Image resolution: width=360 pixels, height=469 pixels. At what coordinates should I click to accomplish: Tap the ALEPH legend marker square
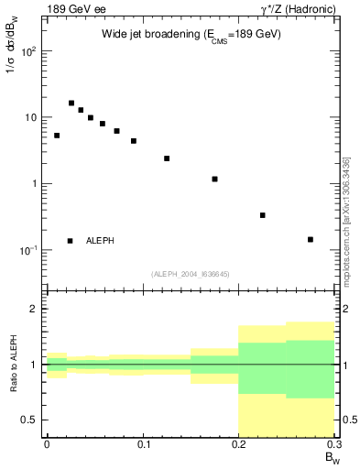[71, 241]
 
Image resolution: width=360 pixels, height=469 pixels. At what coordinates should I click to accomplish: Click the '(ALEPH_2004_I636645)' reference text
[190, 273]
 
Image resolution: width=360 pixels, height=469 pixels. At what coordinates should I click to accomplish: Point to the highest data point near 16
[71, 103]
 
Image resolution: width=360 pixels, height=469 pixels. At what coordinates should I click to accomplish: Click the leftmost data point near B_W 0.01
[57, 136]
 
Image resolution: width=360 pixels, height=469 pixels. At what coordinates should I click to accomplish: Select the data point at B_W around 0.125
[167, 158]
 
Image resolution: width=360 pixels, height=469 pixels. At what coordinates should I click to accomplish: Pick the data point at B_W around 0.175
[214, 179]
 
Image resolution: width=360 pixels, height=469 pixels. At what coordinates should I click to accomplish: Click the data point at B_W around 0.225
[263, 215]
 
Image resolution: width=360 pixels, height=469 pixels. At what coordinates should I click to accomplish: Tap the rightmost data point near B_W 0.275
[311, 239]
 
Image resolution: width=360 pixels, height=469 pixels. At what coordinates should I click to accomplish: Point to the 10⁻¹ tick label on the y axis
[28, 250]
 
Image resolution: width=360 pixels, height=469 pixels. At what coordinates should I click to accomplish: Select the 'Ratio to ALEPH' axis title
[13, 365]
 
